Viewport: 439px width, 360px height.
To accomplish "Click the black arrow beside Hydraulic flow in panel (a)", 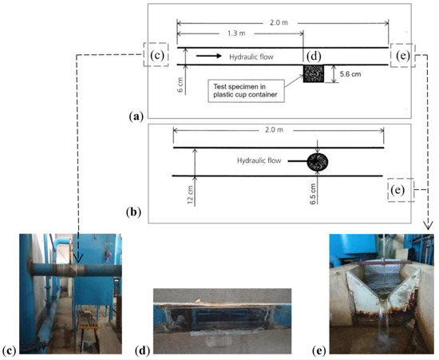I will [209, 56].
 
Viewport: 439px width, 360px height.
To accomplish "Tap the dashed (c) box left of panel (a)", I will [157, 54].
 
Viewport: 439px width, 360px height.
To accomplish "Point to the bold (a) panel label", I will [136, 116].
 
